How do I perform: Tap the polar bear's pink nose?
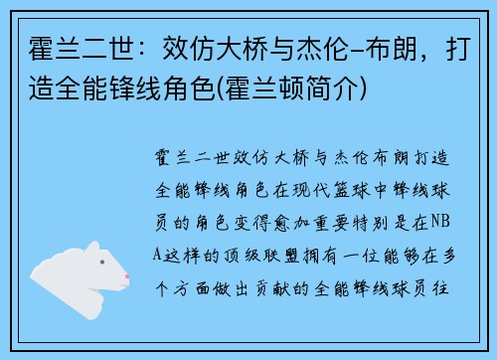coord(128,277)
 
